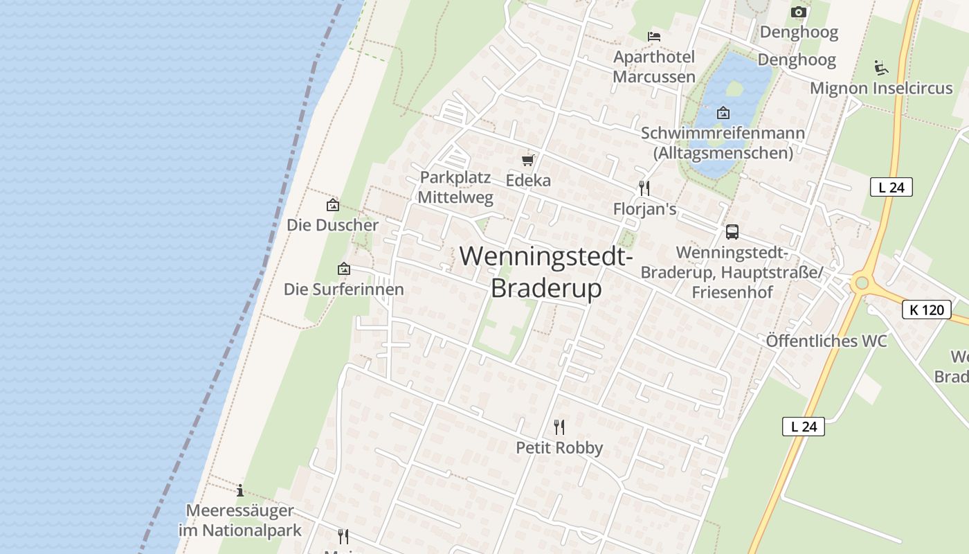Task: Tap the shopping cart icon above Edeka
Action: pos(528,161)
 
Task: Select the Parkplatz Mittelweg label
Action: pos(456,188)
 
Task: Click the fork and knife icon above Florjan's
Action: pos(644,188)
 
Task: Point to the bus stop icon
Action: pos(732,232)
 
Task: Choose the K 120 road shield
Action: pos(926,310)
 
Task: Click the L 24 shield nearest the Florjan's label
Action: pos(891,187)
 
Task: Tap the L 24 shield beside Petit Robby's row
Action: pos(804,427)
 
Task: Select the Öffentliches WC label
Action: pos(826,341)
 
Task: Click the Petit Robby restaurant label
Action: pos(559,448)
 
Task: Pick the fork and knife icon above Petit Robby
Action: pos(559,427)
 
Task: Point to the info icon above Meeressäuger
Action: pos(239,491)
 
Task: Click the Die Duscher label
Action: pos(333,225)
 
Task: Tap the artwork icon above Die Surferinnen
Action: pos(343,269)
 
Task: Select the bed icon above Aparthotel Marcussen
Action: pos(654,36)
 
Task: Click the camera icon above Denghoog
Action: pos(798,12)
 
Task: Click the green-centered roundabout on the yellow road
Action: pos(861,283)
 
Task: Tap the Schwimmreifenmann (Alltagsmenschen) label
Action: pos(723,143)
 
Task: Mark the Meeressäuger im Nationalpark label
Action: pos(239,521)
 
